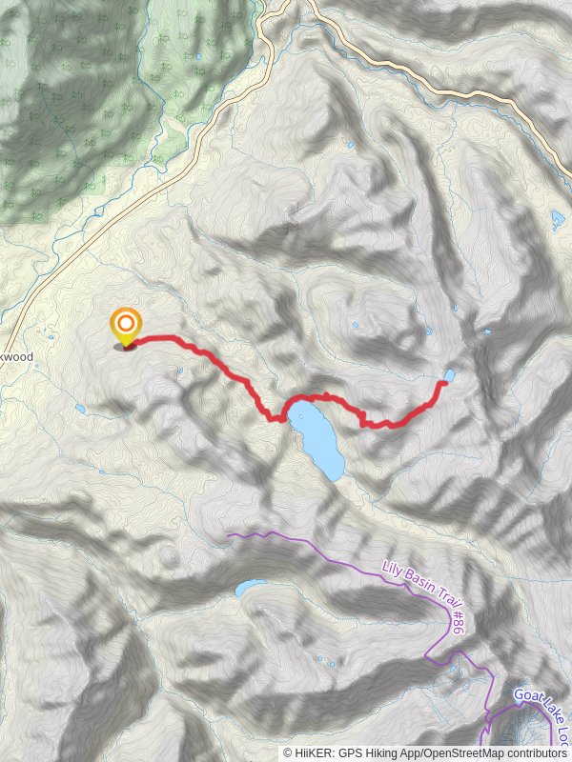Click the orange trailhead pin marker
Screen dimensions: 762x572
(125, 325)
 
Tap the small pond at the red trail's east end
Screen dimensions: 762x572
(449, 376)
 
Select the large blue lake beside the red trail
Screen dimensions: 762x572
(317, 438)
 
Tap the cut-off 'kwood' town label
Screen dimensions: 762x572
(16, 357)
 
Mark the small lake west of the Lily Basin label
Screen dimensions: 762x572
(251, 588)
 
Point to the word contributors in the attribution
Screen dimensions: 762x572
(535, 752)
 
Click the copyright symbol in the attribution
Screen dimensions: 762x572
(288, 752)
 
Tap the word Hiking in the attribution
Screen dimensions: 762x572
(391, 752)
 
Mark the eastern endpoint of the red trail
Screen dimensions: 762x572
(443, 384)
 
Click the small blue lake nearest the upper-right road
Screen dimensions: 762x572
(558, 222)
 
